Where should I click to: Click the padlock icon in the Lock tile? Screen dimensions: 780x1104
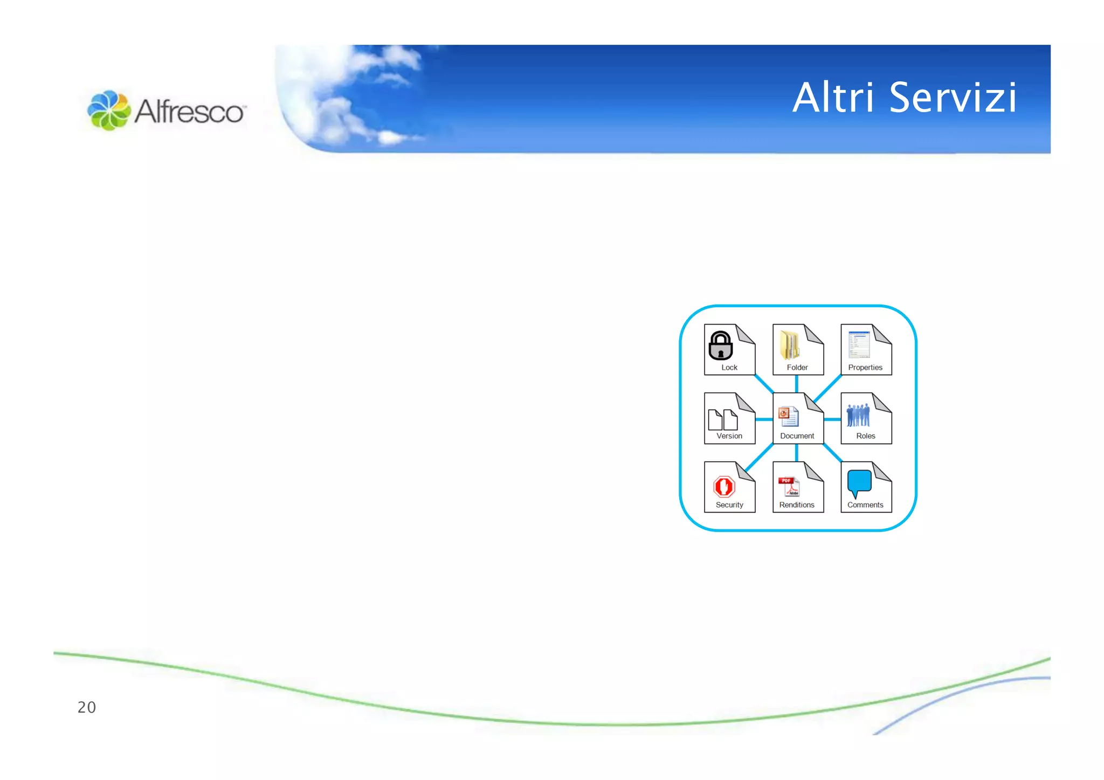point(720,346)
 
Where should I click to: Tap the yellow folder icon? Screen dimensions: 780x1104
point(790,346)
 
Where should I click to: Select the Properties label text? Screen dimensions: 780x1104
point(865,368)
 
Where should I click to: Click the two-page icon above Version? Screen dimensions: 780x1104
point(723,419)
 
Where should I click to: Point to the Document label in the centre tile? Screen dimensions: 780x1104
point(797,436)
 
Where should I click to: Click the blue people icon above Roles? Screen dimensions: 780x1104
point(858,415)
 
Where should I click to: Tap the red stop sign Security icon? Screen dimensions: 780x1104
point(724,486)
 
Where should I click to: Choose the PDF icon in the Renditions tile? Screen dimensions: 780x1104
point(789,486)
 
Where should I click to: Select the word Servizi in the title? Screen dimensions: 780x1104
point(953,98)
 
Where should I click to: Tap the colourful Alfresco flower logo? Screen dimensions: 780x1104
point(109,111)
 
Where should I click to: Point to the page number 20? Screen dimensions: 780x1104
point(87,707)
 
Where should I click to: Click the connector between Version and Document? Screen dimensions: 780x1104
point(764,419)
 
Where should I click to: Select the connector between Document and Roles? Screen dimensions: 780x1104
point(832,419)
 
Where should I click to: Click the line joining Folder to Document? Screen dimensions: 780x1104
point(797,384)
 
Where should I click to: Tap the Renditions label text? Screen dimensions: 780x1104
point(797,505)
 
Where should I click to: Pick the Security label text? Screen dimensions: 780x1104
point(729,505)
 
